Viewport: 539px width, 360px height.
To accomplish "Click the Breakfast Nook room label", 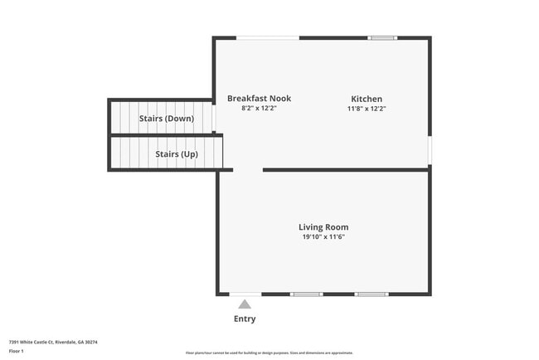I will (259, 99).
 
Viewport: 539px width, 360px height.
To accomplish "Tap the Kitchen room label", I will (367, 99).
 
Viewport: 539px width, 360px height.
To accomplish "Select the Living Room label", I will (323, 227).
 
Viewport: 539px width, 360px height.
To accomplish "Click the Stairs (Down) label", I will (166, 119).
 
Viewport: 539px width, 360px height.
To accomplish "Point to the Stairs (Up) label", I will (177, 154).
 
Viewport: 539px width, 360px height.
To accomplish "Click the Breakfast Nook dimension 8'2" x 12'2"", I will (259, 109).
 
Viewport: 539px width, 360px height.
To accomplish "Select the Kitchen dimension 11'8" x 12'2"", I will (367, 109).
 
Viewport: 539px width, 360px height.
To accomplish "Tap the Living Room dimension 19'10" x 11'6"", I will (323, 237).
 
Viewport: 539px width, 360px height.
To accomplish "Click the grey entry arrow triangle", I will (245, 304).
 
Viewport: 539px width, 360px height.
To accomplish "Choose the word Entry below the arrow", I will (245, 319).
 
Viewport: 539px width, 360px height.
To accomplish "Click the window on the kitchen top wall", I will (382, 37).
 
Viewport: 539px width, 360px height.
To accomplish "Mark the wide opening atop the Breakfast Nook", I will (268, 37).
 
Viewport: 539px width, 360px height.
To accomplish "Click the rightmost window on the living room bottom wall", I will (371, 294).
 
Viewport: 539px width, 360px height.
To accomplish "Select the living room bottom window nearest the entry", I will (306, 294).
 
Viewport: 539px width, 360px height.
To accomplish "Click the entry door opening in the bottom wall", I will (245, 294).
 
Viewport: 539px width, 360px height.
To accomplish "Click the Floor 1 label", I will (17, 351).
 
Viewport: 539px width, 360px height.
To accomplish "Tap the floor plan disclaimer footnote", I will (269, 353).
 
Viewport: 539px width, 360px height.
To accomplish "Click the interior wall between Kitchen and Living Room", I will (345, 170).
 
